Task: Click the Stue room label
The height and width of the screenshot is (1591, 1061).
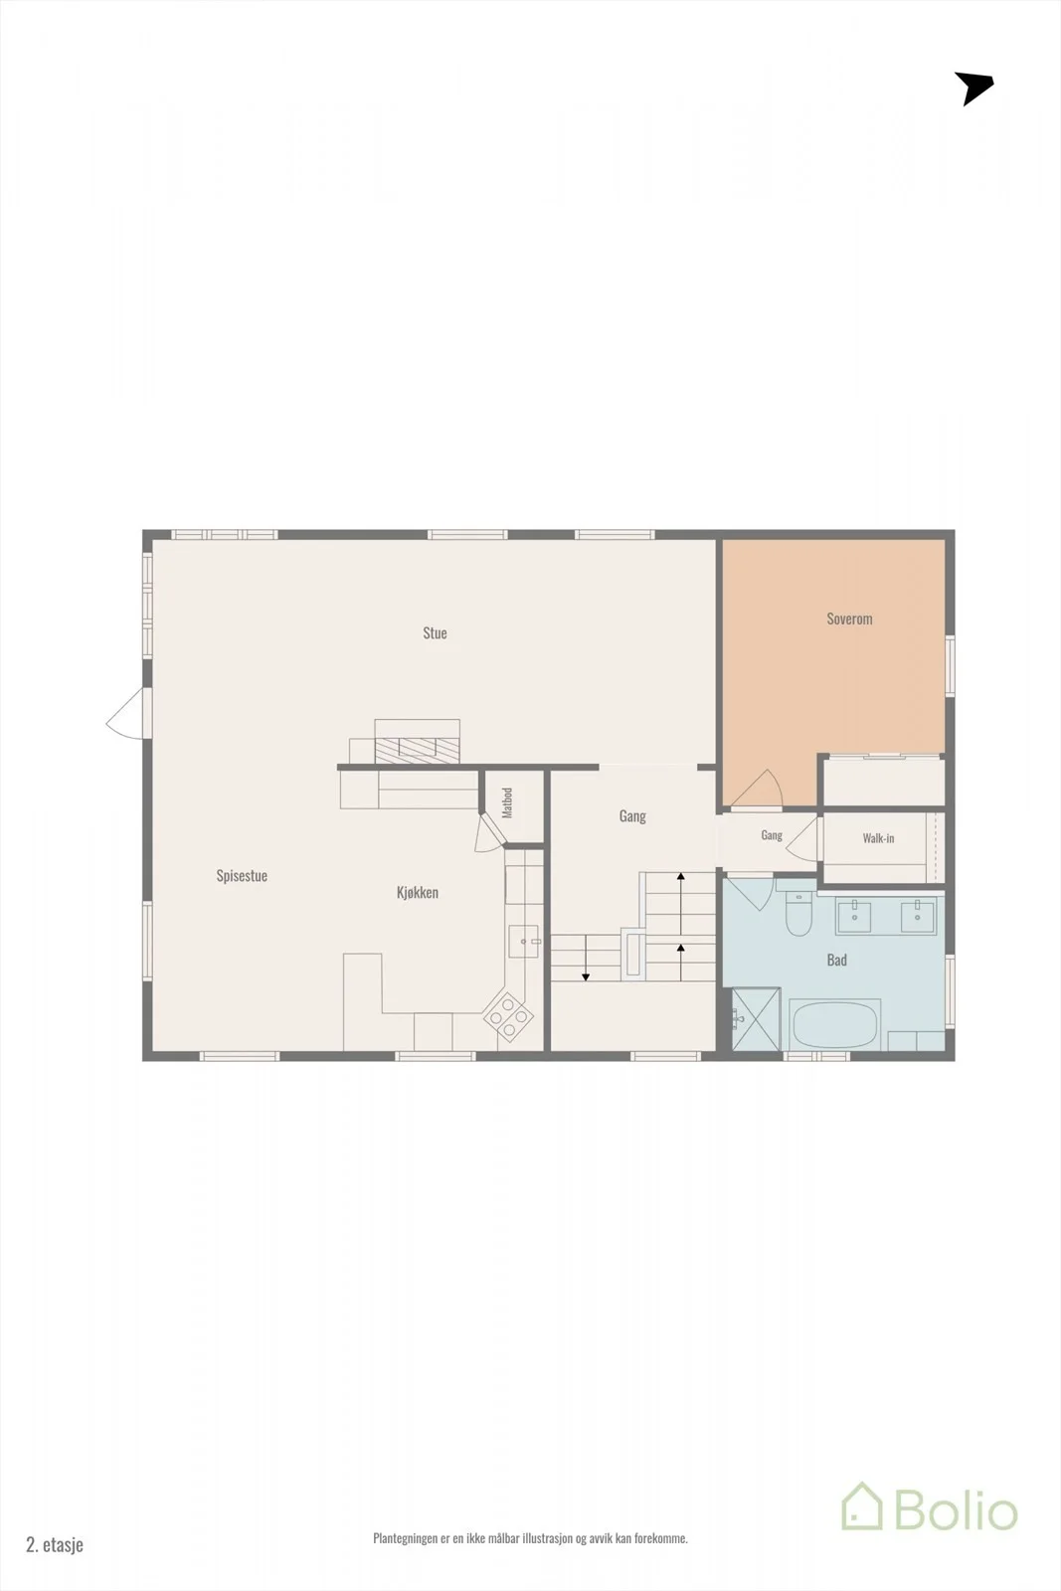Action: (x=435, y=632)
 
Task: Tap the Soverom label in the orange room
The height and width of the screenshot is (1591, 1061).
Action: (x=849, y=619)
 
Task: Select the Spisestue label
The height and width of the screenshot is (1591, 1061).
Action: (x=242, y=876)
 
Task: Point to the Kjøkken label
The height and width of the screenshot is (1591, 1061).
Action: (x=417, y=893)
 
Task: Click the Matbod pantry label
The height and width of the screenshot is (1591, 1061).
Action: (x=507, y=802)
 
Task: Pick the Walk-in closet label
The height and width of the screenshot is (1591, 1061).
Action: (x=878, y=838)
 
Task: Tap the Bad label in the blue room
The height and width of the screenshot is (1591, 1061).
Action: (x=836, y=961)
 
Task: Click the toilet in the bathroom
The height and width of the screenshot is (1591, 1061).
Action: (x=798, y=915)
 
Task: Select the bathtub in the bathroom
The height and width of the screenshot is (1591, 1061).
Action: (x=835, y=1024)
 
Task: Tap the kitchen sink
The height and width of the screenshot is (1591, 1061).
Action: (x=523, y=941)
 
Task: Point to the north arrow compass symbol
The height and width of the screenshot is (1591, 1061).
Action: (x=973, y=88)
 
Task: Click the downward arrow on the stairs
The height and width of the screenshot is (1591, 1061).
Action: (x=586, y=959)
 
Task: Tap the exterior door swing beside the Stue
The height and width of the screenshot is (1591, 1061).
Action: (x=125, y=713)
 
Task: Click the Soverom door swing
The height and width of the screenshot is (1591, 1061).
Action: (x=757, y=789)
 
